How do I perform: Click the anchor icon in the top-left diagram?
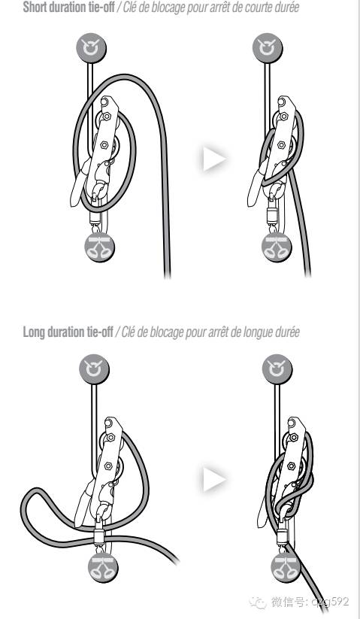pyautogui.click(x=91, y=47)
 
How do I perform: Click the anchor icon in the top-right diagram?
pyautogui.click(x=268, y=47)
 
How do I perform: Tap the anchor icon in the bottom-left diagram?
pyautogui.click(x=94, y=369)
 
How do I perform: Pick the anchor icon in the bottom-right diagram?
pyautogui.click(x=277, y=369)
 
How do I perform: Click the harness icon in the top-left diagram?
pyautogui.click(x=99, y=248)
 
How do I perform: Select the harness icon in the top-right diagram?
pyautogui.click(x=277, y=248)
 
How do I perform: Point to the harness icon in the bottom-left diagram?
pyautogui.click(x=103, y=567)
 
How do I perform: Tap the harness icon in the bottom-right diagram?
pyautogui.click(x=286, y=567)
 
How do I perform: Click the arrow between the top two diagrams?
pyautogui.click(x=214, y=159)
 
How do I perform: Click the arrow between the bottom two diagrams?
pyautogui.click(x=214, y=479)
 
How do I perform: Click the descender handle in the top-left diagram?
pyautogui.click(x=78, y=187)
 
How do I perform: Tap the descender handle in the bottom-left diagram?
pyautogui.click(x=83, y=505)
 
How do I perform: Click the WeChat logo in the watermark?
pyautogui.click(x=257, y=602)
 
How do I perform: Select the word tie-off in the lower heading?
pyautogui.click(x=100, y=332)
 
